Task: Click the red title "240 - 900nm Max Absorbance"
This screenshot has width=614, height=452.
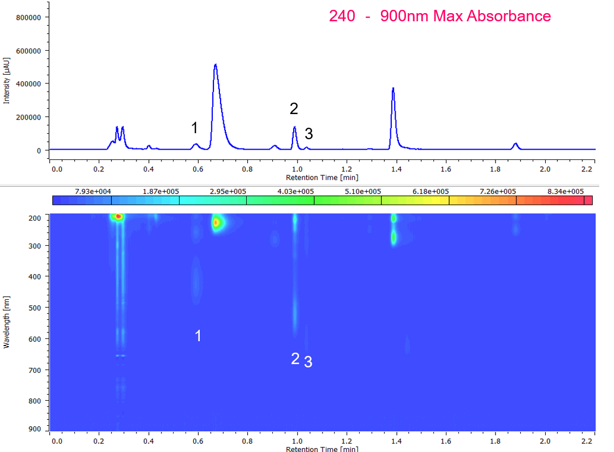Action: [x=440, y=16]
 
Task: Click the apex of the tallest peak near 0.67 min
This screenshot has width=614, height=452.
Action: [x=216, y=65]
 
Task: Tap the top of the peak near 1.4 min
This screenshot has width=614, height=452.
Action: [x=393, y=88]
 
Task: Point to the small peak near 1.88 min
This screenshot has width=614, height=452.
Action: [x=515, y=144]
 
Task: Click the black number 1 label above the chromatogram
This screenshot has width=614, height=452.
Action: [x=194, y=128]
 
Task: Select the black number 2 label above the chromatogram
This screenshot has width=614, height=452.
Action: [x=294, y=109]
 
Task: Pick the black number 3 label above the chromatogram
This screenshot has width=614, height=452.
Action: [x=309, y=133]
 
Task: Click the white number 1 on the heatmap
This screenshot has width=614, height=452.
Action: [x=198, y=336]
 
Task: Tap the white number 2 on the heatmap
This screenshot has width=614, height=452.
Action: [x=295, y=359]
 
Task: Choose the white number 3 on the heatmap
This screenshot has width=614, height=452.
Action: [x=308, y=362]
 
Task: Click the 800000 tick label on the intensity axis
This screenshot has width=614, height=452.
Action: [x=30, y=17]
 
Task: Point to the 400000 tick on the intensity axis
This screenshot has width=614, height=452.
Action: [x=30, y=84]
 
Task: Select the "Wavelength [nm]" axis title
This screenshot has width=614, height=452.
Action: [x=7, y=322]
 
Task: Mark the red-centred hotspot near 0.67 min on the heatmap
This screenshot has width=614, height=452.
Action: [x=216, y=222]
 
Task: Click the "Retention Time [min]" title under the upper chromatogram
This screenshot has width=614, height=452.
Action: [x=322, y=177]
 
